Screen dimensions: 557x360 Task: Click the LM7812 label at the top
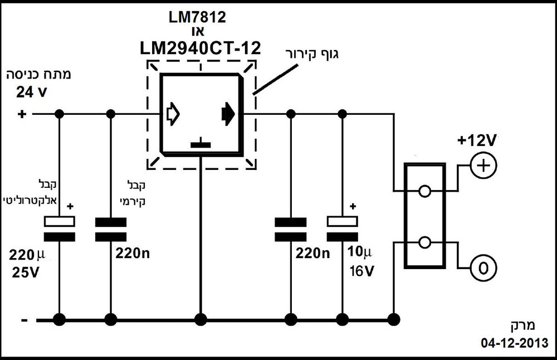click(197, 17)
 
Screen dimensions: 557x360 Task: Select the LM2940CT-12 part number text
click(201, 48)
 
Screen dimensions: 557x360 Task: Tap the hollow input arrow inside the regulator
click(173, 114)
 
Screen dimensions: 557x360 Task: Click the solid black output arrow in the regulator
click(228, 114)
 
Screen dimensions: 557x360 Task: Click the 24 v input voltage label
click(32, 93)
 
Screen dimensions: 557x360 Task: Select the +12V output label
click(477, 141)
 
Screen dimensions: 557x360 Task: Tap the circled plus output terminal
click(483, 166)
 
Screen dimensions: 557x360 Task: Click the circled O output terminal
click(483, 268)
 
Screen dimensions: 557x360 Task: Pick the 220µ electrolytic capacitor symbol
click(60, 229)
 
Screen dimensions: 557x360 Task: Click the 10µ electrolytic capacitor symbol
click(342, 229)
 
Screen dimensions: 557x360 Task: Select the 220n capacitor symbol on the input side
click(111, 230)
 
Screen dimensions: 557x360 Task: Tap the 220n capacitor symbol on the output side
click(291, 230)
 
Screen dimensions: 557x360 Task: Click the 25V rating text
click(26, 273)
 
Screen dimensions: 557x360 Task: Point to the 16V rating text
click(361, 271)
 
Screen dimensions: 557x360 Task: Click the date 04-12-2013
click(515, 343)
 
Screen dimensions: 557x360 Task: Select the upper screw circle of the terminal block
click(424, 191)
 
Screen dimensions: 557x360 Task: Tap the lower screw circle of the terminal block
click(424, 243)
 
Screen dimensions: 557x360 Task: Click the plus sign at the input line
click(22, 114)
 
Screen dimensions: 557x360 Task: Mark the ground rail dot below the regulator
click(201, 320)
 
